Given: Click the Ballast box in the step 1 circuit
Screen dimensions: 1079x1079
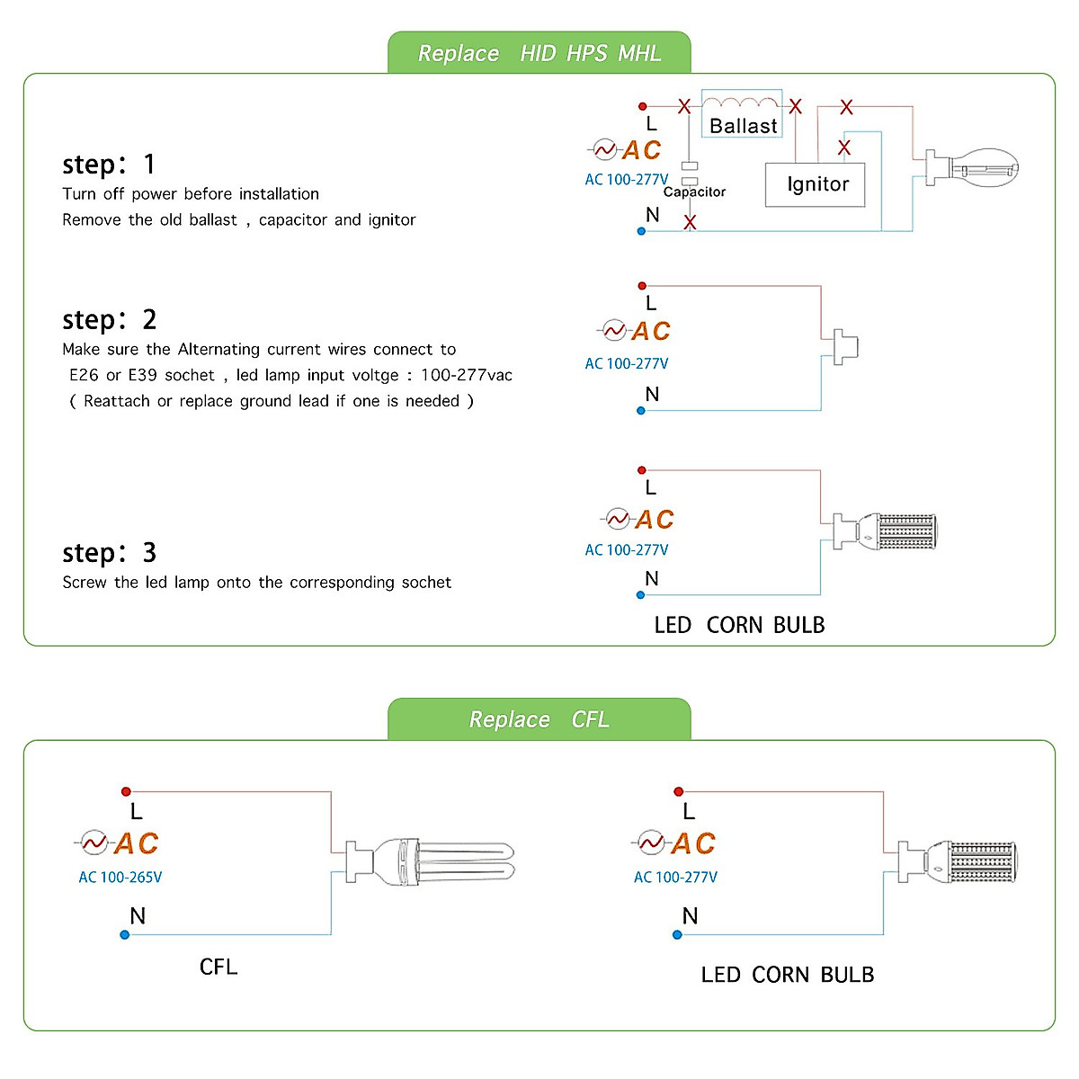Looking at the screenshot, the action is click(x=741, y=113).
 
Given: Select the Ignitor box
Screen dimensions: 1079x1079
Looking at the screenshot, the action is click(x=815, y=185).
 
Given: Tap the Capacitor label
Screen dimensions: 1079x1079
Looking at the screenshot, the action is click(x=694, y=192).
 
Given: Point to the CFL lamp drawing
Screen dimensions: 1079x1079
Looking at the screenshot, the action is click(x=430, y=861).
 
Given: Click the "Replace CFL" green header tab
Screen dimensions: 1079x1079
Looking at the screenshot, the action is click(x=539, y=719).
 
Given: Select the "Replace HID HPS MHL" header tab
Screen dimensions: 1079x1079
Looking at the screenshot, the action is click(x=539, y=52).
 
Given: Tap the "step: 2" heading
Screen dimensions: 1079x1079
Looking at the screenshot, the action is click(x=109, y=320).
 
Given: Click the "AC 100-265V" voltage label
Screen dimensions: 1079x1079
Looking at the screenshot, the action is click(x=120, y=877).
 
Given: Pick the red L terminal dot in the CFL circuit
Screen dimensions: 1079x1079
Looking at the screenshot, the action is click(x=126, y=791).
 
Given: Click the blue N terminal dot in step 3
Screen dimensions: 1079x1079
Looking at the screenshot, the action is click(x=640, y=594).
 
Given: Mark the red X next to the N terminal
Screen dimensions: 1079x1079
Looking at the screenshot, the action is click(x=690, y=222).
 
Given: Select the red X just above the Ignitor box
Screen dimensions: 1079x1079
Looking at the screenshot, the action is click(x=843, y=147).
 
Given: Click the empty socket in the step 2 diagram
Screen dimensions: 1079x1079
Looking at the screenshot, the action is click(x=845, y=346).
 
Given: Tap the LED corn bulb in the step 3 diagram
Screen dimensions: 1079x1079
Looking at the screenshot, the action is click(x=885, y=531).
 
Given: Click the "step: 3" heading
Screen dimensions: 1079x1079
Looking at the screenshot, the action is click(x=109, y=553).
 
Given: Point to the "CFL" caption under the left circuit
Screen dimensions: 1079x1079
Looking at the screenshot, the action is click(x=218, y=967).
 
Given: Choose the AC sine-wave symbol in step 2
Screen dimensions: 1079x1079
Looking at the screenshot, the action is click(x=614, y=330).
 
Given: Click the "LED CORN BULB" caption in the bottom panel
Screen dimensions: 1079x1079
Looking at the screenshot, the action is click(x=788, y=975).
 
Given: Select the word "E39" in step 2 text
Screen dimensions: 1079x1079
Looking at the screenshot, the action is click(x=143, y=375).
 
